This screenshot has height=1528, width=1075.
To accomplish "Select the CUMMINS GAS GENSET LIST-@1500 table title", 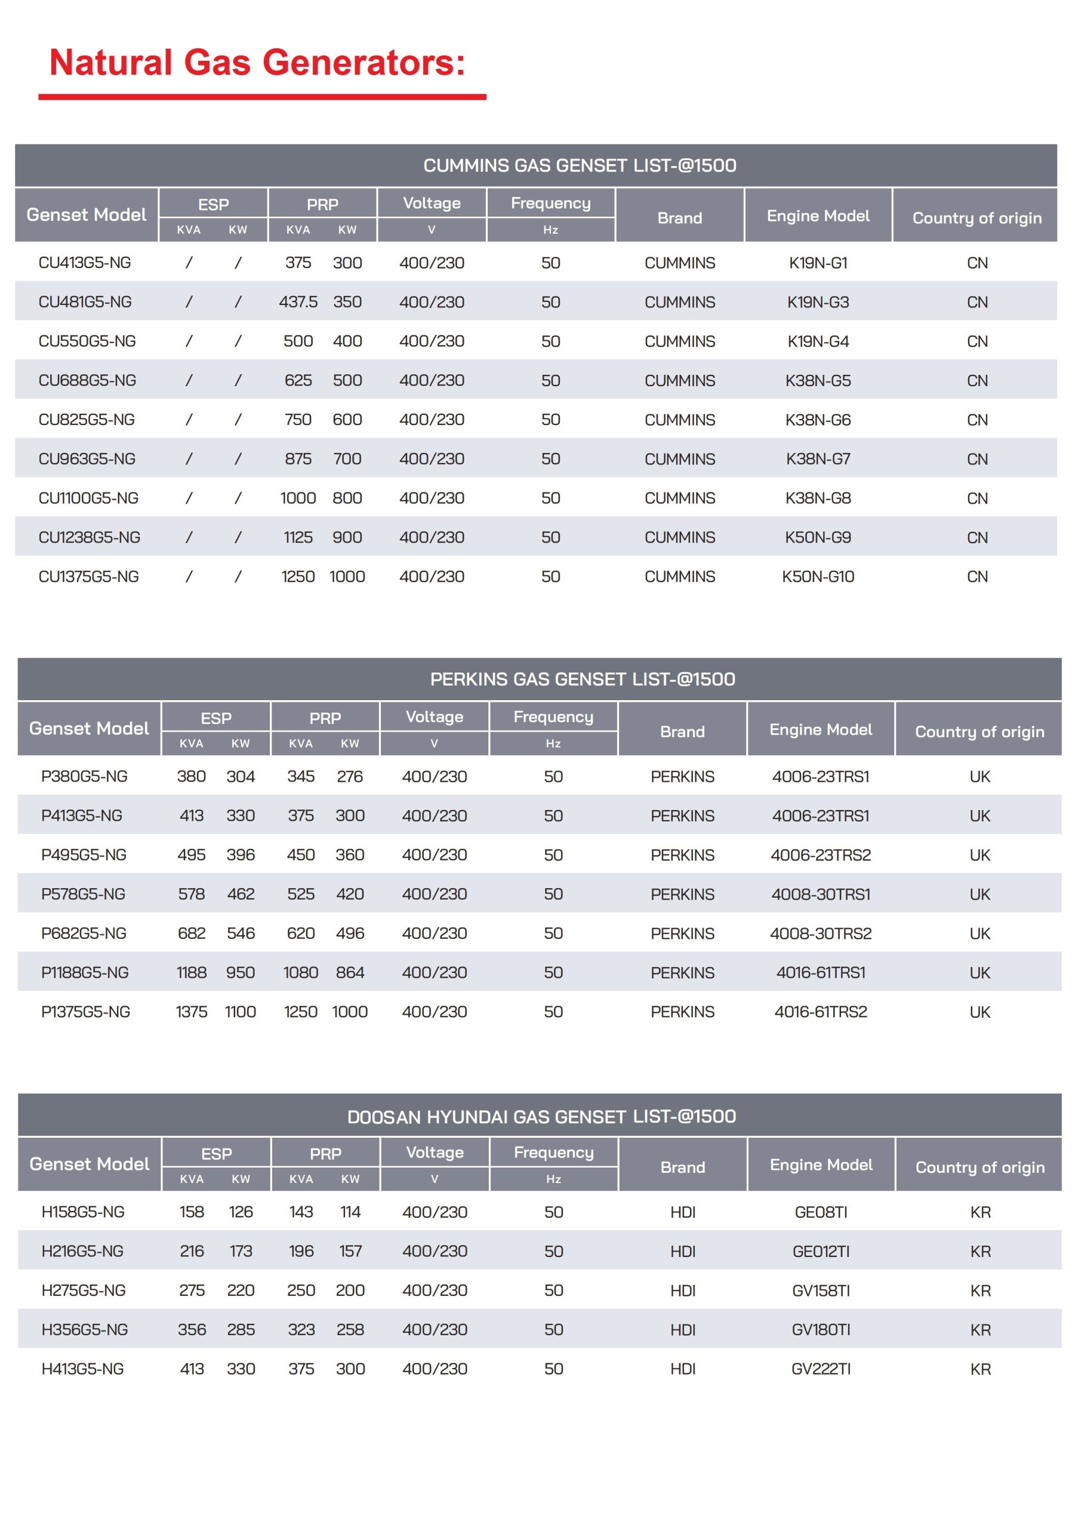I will [x=579, y=166].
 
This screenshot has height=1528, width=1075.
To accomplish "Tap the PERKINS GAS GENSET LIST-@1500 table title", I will [x=583, y=679].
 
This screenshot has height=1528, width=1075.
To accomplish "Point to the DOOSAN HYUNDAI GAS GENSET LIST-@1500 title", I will [x=541, y=1117].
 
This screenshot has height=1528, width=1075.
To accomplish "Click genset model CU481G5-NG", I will [x=85, y=302].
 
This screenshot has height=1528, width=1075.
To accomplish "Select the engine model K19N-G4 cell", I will [x=818, y=341].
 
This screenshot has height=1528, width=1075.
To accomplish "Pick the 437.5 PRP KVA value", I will [x=298, y=302].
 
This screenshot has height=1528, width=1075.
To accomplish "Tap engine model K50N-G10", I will [x=818, y=577].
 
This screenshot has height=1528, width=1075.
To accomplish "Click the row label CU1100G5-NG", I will [x=88, y=498].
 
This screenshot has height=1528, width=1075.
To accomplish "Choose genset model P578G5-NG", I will [x=83, y=895].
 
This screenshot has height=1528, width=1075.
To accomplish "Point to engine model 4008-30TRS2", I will [x=821, y=934].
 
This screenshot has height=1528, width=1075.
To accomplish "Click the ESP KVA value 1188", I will [x=192, y=973].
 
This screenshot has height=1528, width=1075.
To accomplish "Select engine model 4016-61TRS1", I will [x=821, y=973].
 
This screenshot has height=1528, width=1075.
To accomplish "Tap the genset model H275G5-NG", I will [x=83, y=1291].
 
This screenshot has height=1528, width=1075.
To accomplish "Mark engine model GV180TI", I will [x=821, y=1330].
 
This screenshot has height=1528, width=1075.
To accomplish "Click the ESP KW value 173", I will [x=241, y=1252].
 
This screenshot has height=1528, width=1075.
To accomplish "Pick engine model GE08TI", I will [x=821, y=1212].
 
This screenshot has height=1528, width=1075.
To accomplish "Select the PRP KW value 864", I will [x=350, y=973].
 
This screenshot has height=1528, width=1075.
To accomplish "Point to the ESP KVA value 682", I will [x=192, y=934].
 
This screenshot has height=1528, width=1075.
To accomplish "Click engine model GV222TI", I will [x=821, y=1370].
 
